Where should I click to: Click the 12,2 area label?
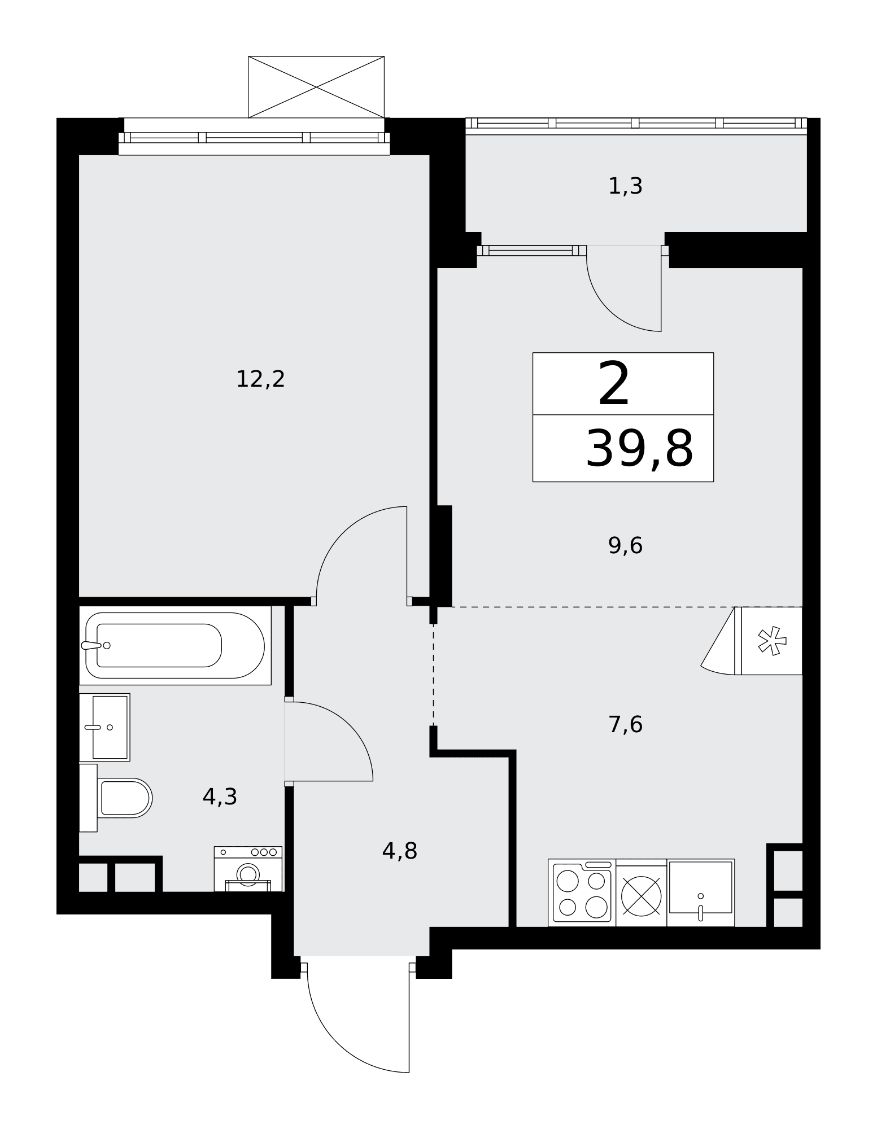click(260, 379)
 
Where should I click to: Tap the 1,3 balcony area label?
click(625, 186)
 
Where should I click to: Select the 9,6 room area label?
click(625, 546)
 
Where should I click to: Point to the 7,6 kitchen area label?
click(625, 724)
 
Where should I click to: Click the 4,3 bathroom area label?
click(220, 797)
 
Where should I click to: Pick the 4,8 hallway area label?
click(400, 851)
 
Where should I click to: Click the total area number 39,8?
click(639, 449)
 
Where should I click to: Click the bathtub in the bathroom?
click(175, 645)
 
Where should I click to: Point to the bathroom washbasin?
click(105, 727)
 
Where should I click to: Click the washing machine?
click(248, 869)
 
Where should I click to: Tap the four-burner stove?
click(582, 892)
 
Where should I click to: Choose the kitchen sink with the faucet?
click(700, 892)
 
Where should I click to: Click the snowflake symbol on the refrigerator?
click(772, 641)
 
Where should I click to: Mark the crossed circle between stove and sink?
click(641, 896)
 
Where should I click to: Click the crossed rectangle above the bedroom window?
click(316, 87)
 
